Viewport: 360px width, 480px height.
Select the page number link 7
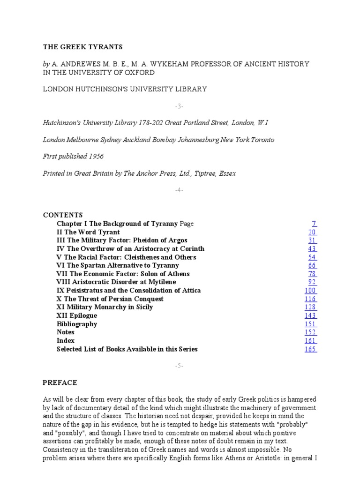click(315, 224)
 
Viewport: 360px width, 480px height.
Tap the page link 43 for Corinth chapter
click(312, 249)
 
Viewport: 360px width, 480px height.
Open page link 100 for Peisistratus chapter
click(310, 291)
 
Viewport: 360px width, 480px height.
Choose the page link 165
click(310, 349)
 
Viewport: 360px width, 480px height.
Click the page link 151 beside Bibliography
click(310, 324)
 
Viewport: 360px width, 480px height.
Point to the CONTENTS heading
click(63, 215)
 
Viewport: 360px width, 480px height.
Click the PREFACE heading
click(60, 383)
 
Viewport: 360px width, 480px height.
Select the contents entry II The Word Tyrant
click(88, 232)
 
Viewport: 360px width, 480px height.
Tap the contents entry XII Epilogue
click(77, 315)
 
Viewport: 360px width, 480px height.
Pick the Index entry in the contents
click(66, 341)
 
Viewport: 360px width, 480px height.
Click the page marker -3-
click(180, 106)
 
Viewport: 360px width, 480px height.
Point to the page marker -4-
click(180, 190)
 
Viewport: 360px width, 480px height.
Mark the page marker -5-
click(180, 366)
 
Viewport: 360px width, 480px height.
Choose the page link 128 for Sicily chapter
click(310, 307)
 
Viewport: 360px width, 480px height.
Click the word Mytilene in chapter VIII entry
click(160, 282)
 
